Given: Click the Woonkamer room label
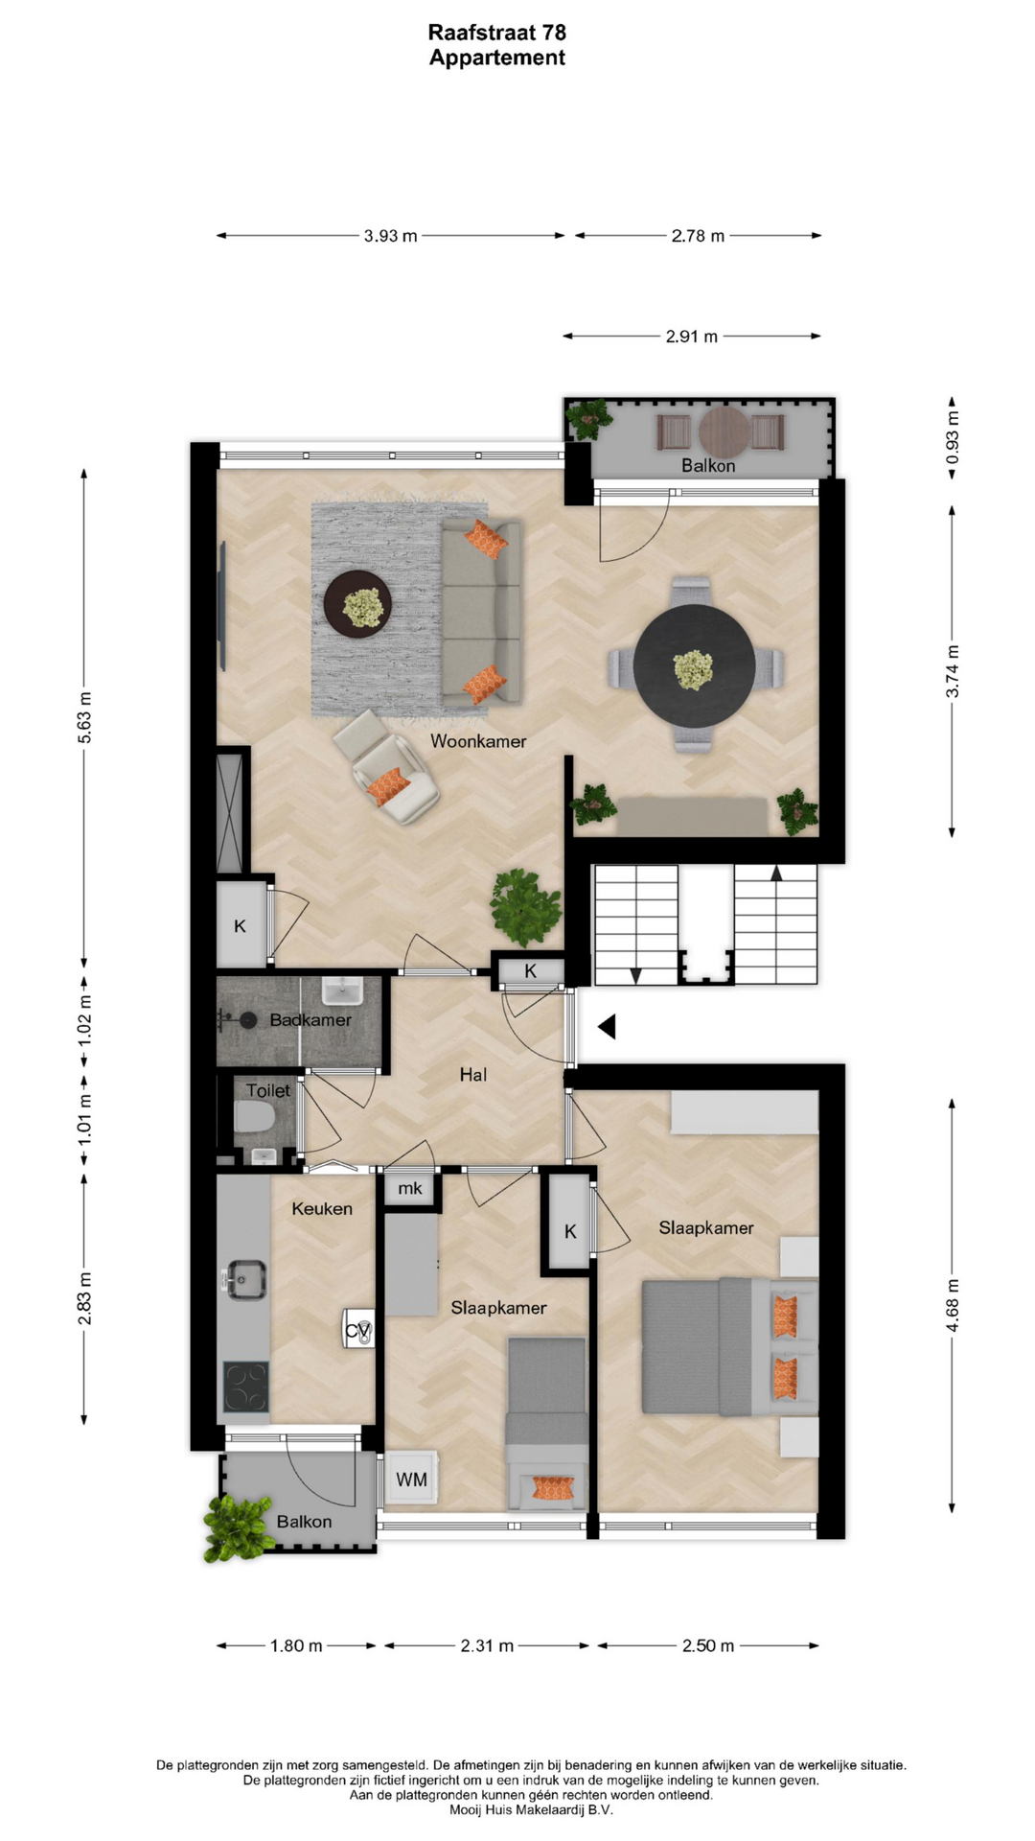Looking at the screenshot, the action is [x=478, y=741].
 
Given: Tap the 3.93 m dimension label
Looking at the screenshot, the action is [x=390, y=236].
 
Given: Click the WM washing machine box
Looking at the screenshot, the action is [x=412, y=1480].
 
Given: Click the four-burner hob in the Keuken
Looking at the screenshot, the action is [x=246, y=1387].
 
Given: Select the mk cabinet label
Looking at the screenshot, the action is [x=410, y=1189].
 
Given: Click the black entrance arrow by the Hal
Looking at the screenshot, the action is [x=607, y=1027].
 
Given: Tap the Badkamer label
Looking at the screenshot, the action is [x=310, y=1020].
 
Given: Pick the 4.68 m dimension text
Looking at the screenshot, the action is [x=952, y=1305].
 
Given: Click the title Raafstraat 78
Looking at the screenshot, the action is [x=496, y=33].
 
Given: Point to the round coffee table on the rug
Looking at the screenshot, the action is [x=358, y=604].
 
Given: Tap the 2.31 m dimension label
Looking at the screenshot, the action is [x=487, y=1646].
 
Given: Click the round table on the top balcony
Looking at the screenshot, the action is [x=724, y=432].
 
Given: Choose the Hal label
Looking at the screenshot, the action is [x=473, y=1075].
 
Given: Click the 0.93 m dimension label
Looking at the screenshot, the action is [x=952, y=437].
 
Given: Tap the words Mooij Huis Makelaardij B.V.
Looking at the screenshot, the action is [x=531, y=1810].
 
